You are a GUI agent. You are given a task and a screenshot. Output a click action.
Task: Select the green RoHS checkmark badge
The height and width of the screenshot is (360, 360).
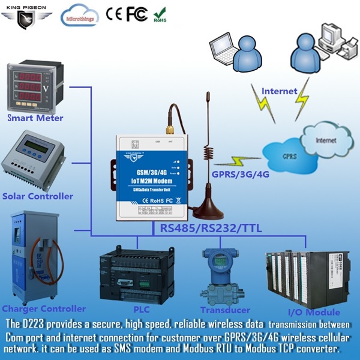(x=160, y=13)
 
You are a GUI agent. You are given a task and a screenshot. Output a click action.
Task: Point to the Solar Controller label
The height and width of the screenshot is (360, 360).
(x=38, y=196)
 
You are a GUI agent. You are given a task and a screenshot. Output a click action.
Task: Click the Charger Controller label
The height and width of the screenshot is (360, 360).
(x=43, y=308)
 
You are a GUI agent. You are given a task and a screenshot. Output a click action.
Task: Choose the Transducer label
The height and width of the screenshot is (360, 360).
(x=225, y=310)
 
